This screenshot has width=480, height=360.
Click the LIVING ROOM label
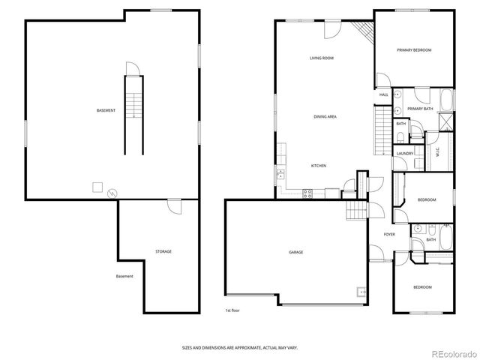tap(322, 58)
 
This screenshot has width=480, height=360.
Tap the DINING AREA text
tap(324, 117)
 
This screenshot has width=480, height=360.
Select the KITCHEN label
tap(319, 165)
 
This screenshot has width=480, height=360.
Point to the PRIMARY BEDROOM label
tap(414, 49)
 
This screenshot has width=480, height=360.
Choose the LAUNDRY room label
tap(405, 153)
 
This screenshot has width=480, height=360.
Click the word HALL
tap(383, 95)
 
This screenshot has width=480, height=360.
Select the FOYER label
tap(389, 234)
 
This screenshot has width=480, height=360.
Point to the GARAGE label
tap(296, 252)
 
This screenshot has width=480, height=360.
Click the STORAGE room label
tap(163, 251)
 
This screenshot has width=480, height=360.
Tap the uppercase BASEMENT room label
tap(106, 111)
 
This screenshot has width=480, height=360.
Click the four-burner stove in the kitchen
tap(307, 193)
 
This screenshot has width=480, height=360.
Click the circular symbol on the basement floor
tap(113, 192)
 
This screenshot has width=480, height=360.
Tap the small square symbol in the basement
tap(97, 186)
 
